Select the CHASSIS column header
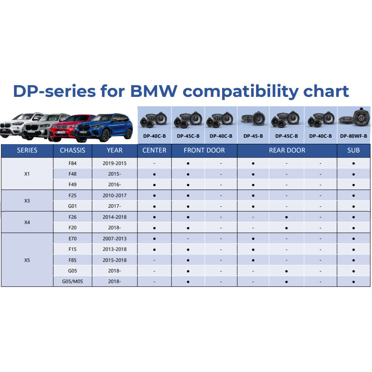point(73,150)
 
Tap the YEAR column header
point(115,150)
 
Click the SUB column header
point(353,150)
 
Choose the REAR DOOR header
point(287,150)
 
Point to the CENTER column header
point(154,150)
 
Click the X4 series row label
point(27,222)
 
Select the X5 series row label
point(27,260)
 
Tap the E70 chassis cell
point(73,239)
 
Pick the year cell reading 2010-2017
point(115,196)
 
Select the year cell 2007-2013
point(115,239)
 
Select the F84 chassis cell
point(73,163)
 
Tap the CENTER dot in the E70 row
point(154,239)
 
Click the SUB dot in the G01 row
point(353,207)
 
